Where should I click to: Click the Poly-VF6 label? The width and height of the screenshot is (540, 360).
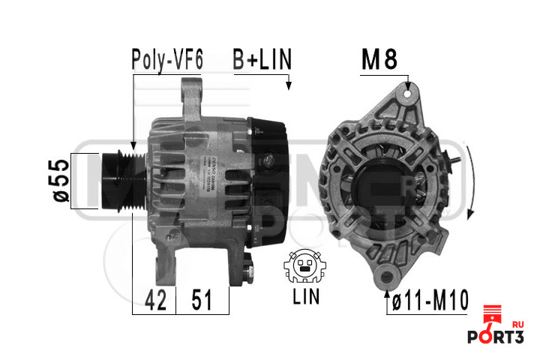(x=166, y=59)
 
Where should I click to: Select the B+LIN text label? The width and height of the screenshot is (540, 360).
(x=260, y=59)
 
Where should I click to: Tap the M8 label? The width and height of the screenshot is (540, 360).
(x=379, y=60)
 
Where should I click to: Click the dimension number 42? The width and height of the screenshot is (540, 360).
(x=154, y=301)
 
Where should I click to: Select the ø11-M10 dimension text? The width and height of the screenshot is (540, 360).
(x=430, y=301)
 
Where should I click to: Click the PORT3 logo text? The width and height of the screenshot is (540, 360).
(x=494, y=337)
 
